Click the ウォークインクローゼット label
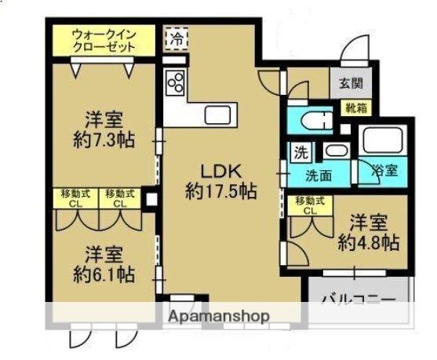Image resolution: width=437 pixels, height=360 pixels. [104, 41]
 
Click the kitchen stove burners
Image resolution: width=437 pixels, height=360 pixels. [175, 81]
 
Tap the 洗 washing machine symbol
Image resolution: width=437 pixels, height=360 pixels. [300, 151]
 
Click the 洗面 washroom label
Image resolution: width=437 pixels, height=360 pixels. [319, 174]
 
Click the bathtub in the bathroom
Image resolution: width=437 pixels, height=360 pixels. [382, 142]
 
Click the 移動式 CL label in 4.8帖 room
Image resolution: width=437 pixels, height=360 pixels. [308, 205]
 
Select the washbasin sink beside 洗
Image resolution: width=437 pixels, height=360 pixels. [337, 151]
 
